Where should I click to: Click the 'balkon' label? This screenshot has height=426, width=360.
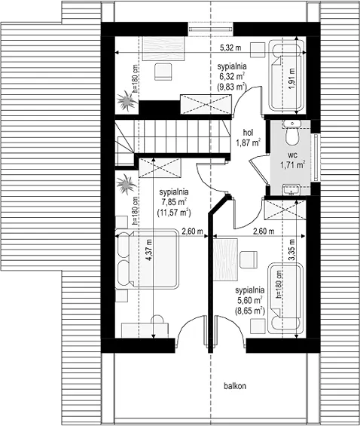[235, 386]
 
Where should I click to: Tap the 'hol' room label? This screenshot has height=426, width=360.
[249, 133]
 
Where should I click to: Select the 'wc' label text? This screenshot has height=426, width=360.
[292, 155]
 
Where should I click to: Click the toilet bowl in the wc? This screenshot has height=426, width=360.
[292, 136]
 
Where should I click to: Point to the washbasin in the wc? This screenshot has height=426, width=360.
[291, 190]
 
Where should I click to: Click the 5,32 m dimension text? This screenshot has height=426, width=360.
[230, 48]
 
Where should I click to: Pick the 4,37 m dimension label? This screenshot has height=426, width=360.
[148, 250]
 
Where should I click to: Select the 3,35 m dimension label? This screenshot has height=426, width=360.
[291, 250]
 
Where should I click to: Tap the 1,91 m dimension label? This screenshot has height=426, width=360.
[291, 78]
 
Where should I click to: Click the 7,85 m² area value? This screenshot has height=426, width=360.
[174, 202]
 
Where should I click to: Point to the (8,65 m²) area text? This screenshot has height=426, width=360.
[250, 311]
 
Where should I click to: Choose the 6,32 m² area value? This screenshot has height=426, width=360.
[231, 76]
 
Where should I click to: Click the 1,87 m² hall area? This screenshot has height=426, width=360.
[249, 143]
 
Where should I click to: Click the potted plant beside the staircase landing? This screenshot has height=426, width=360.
[126, 184]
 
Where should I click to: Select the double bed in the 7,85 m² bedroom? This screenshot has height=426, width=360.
[147, 259]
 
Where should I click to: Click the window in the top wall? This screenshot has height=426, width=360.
[211, 29]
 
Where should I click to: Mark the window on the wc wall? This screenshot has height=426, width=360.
[316, 157]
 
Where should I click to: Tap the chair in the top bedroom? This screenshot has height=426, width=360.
[163, 72]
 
